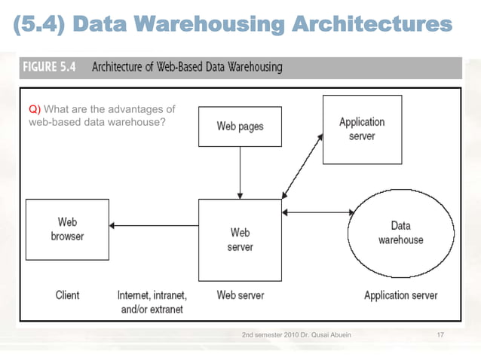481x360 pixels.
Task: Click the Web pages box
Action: [x=240, y=126]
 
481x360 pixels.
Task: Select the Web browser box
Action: [x=67, y=229]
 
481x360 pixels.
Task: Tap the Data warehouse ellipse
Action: [x=400, y=233]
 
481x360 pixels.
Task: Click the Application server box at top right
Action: [x=362, y=129]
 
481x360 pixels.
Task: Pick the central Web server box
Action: [x=240, y=239]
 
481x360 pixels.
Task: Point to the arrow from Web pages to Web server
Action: [x=240, y=172]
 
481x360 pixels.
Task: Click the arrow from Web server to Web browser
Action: [x=154, y=225]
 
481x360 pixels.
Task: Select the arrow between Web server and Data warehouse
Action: [x=317, y=212]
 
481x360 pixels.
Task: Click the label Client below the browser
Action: [x=67, y=295]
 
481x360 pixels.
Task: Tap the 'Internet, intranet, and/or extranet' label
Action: [x=152, y=302]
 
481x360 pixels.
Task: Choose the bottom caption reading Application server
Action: [x=400, y=295]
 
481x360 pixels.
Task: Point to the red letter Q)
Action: [x=34, y=110]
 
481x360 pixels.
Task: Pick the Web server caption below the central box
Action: [x=240, y=295]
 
